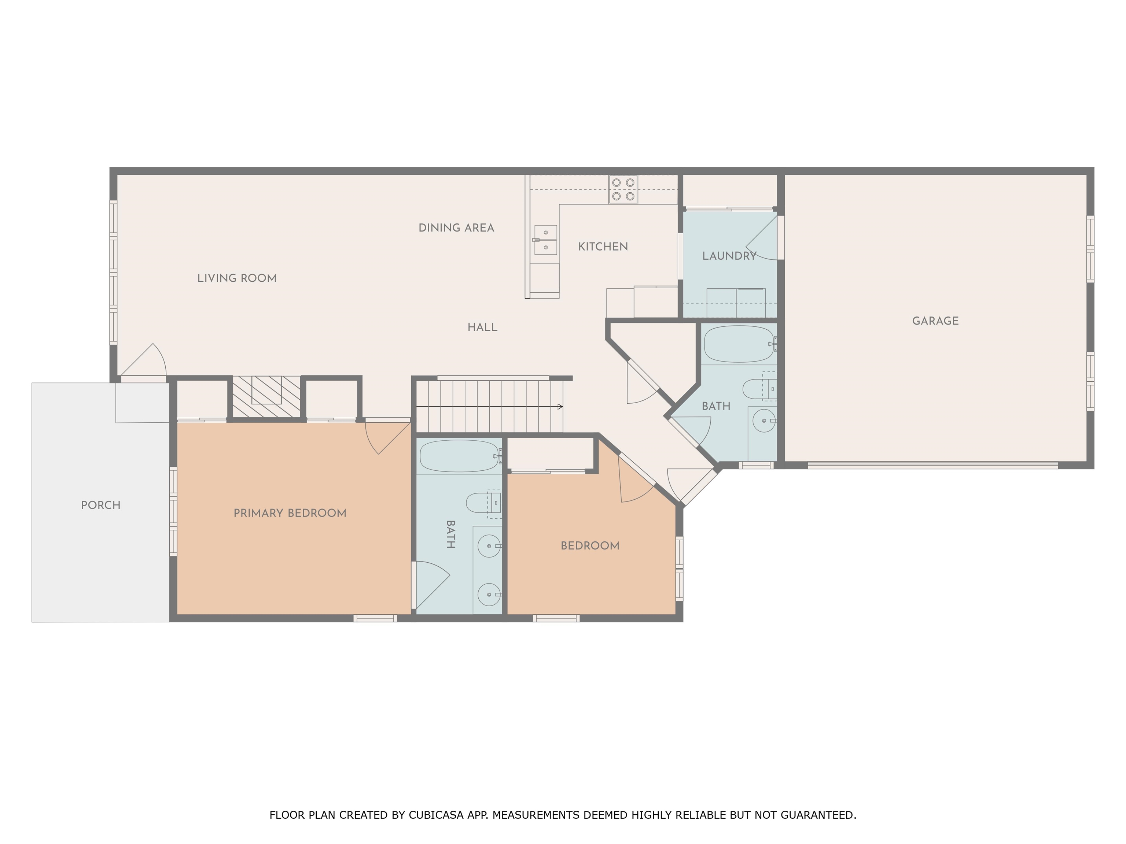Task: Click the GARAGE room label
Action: click(x=935, y=321)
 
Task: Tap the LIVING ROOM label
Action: click(x=237, y=278)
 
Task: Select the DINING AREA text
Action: click(x=456, y=228)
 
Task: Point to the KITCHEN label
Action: click(x=603, y=247)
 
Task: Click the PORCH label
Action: click(x=101, y=505)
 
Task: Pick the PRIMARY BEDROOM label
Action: click(x=290, y=513)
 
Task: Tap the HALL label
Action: click(x=482, y=327)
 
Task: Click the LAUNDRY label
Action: click(x=729, y=256)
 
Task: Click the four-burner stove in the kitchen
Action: click(x=623, y=189)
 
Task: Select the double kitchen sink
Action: click(x=545, y=240)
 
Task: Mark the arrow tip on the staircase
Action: click(x=563, y=407)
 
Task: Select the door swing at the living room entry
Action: click(x=144, y=361)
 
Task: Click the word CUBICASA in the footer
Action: click(x=436, y=815)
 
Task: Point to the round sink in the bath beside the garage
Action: click(x=764, y=421)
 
